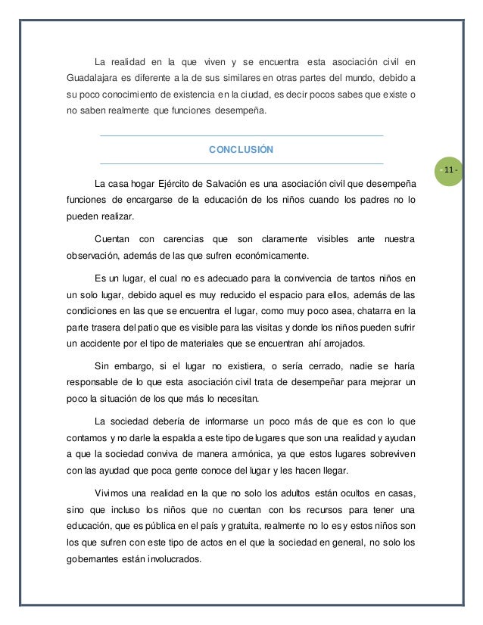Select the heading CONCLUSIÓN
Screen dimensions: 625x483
241,150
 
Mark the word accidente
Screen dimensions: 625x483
102,344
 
